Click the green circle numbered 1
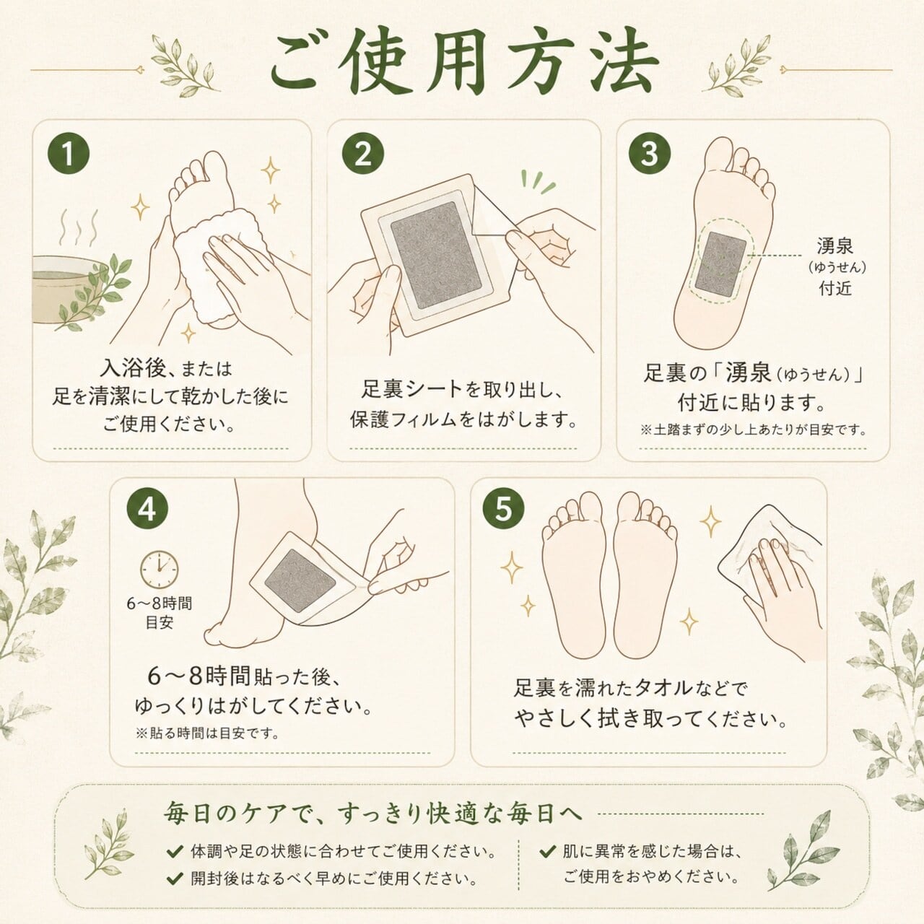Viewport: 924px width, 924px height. (68, 153)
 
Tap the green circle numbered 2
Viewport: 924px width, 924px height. (363, 153)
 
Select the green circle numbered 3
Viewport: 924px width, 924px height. (650, 153)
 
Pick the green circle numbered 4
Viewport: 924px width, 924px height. (147, 509)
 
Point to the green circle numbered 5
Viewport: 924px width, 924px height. (503, 509)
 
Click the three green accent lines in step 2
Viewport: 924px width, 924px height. (538, 182)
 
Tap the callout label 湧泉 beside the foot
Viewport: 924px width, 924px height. (834, 246)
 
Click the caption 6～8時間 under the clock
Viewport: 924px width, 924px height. (160, 603)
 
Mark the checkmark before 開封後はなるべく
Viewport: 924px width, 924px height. (175, 879)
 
